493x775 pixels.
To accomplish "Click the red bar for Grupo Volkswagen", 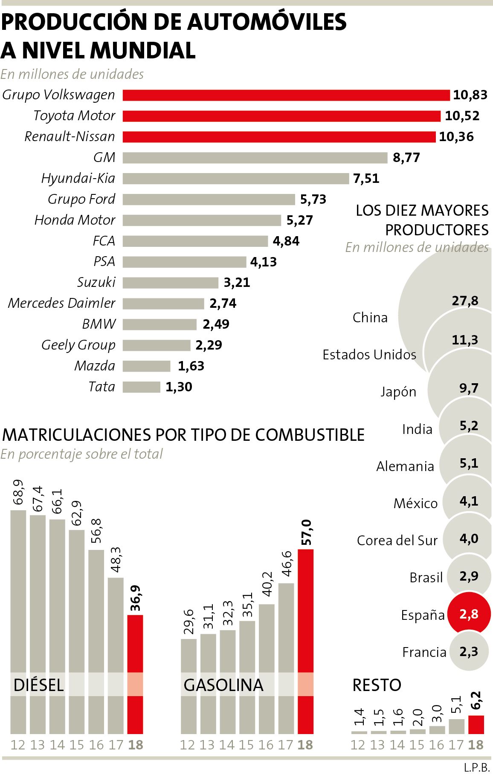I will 286,95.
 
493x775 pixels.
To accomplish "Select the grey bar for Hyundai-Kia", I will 235,178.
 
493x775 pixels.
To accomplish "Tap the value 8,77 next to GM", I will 406,158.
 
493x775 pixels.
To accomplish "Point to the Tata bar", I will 141,387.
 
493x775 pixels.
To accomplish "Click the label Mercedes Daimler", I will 61,303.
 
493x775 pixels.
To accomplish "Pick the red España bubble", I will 469,614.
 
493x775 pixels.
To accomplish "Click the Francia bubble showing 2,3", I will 469,651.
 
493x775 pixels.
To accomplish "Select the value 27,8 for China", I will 465,301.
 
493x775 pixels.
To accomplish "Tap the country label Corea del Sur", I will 397,541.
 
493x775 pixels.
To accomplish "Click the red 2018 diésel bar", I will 135,674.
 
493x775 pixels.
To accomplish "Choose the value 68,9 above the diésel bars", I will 19,492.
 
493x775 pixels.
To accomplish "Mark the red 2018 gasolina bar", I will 305,639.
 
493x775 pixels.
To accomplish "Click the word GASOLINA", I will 223,685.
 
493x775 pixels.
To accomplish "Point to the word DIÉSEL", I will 38,685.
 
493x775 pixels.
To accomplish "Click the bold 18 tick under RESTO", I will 476,745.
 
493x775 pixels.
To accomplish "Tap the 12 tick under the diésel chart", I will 18,745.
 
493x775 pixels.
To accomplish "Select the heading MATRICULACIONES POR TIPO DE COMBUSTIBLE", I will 183,435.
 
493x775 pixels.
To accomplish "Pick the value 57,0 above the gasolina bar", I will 306,532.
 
